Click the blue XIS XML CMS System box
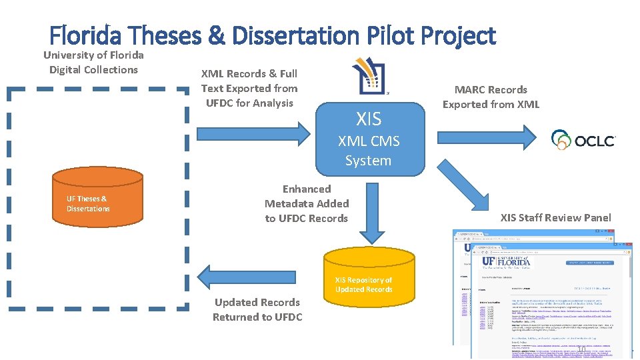[369, 139]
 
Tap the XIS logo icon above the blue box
[371, 75]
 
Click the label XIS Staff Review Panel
[555, 217]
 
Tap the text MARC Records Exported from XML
[491, 97]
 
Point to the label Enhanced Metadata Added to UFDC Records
[306, 203]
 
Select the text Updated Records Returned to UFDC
[257, 309]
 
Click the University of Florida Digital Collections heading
[93, 62]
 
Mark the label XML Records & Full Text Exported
[249, 88]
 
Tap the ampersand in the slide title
[216, 35]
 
